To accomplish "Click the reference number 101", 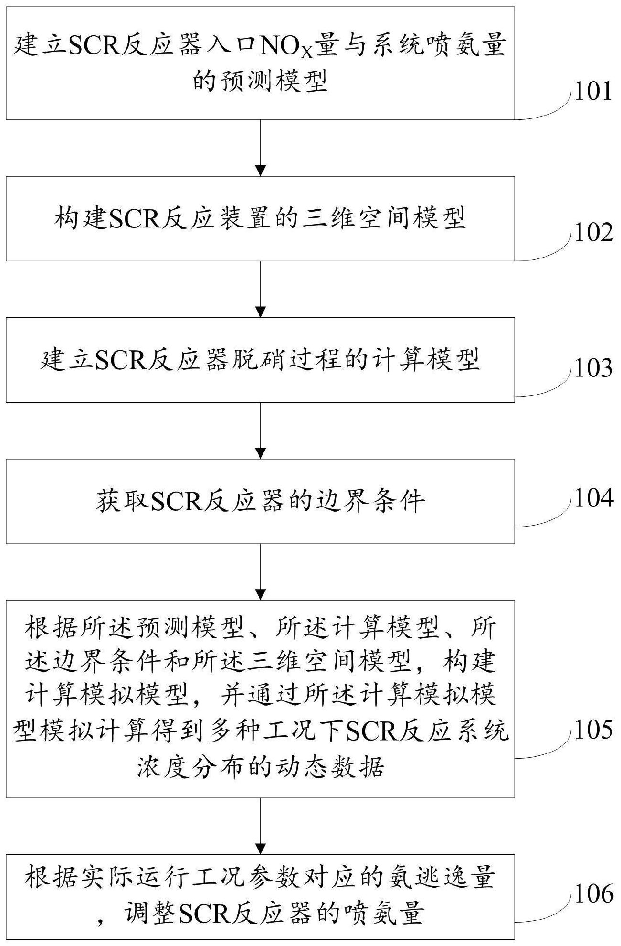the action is pos(592,91).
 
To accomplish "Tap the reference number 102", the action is pos(593,233).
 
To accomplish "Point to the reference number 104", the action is pos(593,498).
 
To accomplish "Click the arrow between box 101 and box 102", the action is pos(260,148).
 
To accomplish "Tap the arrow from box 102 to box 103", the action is pos(260,289).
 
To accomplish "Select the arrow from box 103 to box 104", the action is pos(260,430).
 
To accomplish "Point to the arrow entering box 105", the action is pos(260,571).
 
